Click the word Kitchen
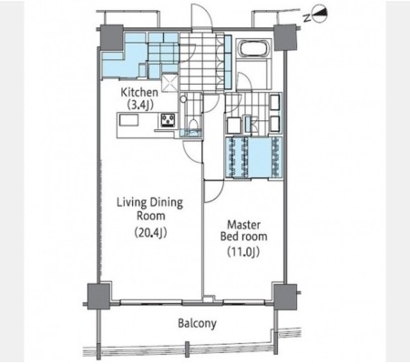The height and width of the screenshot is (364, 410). pyautogui.click(x=139, y=92)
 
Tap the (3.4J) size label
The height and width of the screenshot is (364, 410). pyautogui.click(x=139, y=105)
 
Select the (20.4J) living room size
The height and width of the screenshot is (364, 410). pyautogui.click(x=150, y=233)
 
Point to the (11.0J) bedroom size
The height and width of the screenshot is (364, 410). pyautogui.click(x=243, y=251)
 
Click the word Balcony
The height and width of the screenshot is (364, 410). pyautogui.click(x=197, y=324)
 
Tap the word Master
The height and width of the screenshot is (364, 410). pyautogui.click(x=244, y=225)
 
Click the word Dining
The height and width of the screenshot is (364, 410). pyautogui.click(x=167, y=203)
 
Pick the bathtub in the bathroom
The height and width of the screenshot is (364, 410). pyautogui.click(x=254, y=48)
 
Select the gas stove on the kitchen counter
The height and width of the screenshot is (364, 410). pyautogui.click(x=168, y=119)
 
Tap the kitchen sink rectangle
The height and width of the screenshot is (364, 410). pyautogui.click(x=129, y=120)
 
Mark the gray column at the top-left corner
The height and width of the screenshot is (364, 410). pyautogui.click(x=112, y=37)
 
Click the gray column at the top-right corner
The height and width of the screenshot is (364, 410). pyautogui.click(x=285, y=37)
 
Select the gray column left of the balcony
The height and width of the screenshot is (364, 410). pyautogui.click(x=98, y=296)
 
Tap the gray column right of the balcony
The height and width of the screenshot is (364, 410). pyautogui.click(x=285, y=297)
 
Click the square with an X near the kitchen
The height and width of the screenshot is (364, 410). pyautogui.click(x=169, y=83)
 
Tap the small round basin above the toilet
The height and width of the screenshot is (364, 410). pyautogui.click(x=183, y=99)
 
